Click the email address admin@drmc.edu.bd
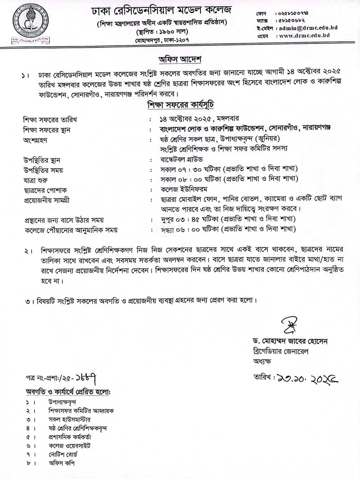pyautogui.click(x=308, y=28)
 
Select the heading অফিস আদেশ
pyautogui.click(x=180, y=59)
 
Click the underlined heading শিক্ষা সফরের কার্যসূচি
pyautogui.click(x=180, y=105)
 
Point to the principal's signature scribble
pyautogui.click(x=289, y=325)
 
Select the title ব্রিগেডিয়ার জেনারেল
pyautogui.click(x=279, y=352)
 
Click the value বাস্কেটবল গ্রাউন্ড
pyautogui.click(x=181, y=159)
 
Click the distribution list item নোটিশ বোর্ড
pyautogui.click(x=63, y=454)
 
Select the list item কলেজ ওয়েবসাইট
pyautogui.click(x=70, y=445)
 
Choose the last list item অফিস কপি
pyautogui.click(x=62, y=463)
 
